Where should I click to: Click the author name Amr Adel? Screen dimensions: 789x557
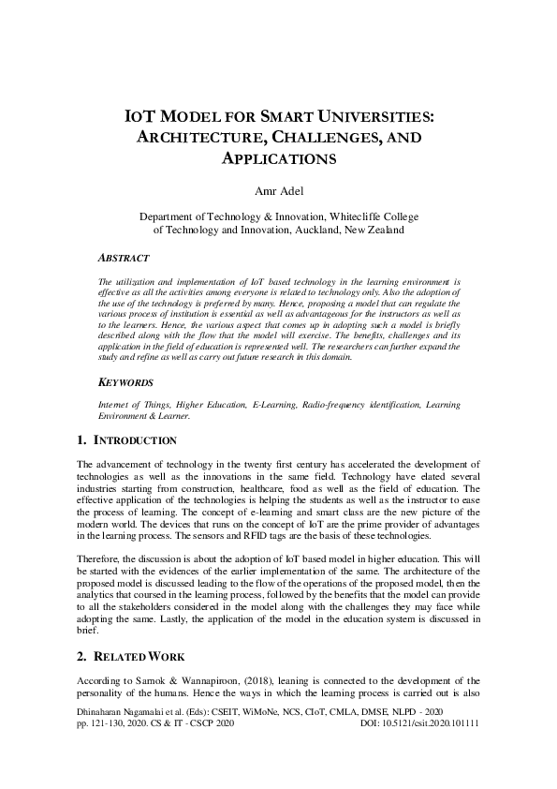(278, 192)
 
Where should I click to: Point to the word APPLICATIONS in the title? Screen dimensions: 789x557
(278, 158)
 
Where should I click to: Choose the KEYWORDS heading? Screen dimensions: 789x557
(126, 383)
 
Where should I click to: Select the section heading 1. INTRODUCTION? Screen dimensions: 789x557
(126, 439)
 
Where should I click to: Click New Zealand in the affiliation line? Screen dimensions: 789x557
(374, 229)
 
